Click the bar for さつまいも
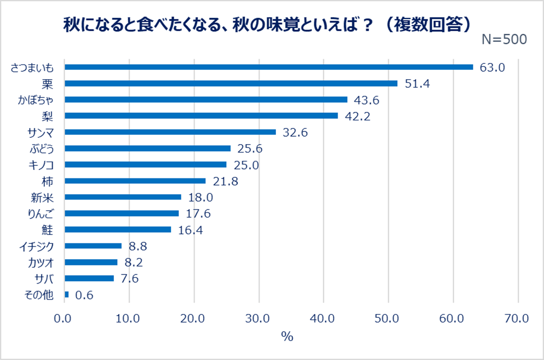(x=269, y=67)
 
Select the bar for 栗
(x=231, y=83)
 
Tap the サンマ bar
(x=170, y=132)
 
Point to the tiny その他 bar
(x=66, y=294)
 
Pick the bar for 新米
(x=122, y=197)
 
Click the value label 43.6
(x=367, y=100)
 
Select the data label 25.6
(x=250, y=148)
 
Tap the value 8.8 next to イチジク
(x=136, y=245)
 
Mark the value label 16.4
(x=190, y=230)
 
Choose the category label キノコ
(x=40, y=165)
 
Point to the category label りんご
(x=40, y=213)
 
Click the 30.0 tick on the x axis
(x=259, y=318)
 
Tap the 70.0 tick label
(x=518, y=318)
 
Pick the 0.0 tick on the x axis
(x=64, y=318)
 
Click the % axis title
(x=287, y=337)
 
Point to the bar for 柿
(x=135, y=181)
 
